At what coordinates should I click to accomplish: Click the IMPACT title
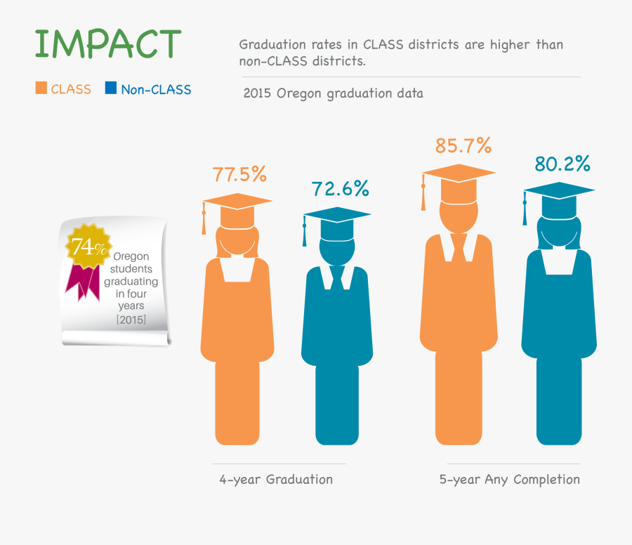pos(107,44)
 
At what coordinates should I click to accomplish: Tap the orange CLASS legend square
pos(41,88)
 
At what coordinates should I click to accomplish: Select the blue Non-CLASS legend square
pos(110,88)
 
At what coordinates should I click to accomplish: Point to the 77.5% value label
pos(239,174)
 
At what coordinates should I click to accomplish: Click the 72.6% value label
pos(340,188)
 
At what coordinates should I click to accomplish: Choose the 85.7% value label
pos(463,145)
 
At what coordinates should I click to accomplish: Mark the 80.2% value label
pos(562,164)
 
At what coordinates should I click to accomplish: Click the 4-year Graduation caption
pos(276,480)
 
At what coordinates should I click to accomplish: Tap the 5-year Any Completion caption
pos(510,480)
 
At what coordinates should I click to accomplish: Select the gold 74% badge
pos(88,247)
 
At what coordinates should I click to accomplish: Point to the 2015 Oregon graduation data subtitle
pos(333,93)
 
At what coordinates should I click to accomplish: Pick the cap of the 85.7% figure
pos(458,173)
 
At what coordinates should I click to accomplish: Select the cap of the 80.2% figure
pos(560,190)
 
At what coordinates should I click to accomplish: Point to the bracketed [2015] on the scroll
pos(131,320)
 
